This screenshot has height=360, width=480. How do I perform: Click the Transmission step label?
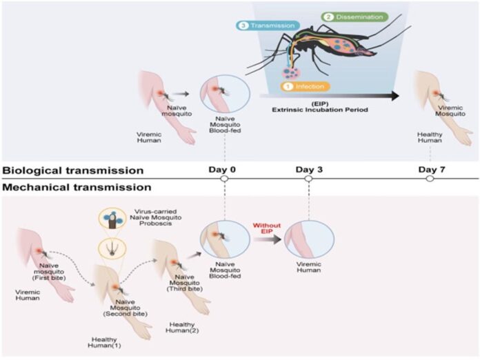(x=268, y=26)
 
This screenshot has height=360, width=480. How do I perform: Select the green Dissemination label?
(x=354, y=17)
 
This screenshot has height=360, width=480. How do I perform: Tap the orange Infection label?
(x=306, y=86)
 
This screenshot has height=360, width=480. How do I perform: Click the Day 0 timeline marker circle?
(x=224, y=179)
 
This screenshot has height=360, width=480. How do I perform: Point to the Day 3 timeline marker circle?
(x=308, y=179)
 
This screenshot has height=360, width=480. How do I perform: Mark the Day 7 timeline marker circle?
(x=430, y=179)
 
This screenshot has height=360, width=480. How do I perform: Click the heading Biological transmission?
(x=73, y=170)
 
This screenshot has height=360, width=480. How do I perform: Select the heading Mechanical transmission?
(x=77, y=187)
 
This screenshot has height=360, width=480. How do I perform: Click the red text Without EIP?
(x=267, y=228)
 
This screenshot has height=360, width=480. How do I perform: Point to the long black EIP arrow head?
(x=395, y=96)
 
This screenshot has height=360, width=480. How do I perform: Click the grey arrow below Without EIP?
(x=267, y=239)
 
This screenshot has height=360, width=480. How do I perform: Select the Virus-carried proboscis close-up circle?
(x=112, y=219)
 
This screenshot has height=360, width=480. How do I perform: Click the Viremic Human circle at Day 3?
(x=309, y=239)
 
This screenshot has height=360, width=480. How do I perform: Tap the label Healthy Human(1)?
(x=104, y=343)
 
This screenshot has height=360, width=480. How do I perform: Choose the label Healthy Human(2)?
(x=182, y=328)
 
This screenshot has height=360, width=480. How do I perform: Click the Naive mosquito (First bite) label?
(x=49, y=272)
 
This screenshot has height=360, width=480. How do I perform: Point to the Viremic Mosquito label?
(x=450, y=111)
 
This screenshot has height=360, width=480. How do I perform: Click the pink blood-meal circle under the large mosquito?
(x=291, y=72)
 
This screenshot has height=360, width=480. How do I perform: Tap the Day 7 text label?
(x=432, y=169)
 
